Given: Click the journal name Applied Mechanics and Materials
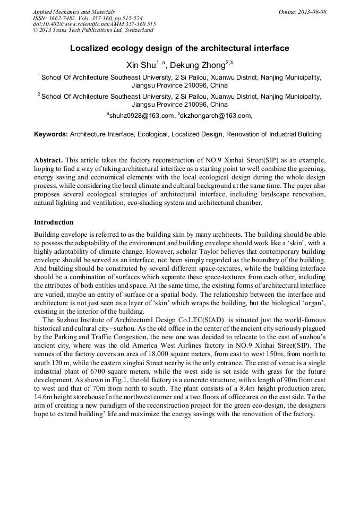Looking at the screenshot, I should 73,11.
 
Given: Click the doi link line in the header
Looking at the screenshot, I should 94,24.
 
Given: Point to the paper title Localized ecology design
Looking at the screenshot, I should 179,48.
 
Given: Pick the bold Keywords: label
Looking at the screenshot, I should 51,134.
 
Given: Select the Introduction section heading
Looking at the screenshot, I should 54,222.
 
